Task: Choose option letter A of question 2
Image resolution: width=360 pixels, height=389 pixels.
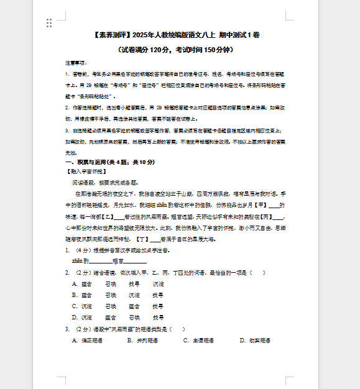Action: coord(75,283)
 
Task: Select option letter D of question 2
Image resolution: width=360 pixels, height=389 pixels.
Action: coord(75,317)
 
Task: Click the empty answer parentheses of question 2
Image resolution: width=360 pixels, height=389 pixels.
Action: coord(263,272)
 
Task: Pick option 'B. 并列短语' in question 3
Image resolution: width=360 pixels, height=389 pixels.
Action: coord(142,340)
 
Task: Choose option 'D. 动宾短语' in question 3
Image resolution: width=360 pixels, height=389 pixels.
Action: coord(255,340)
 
